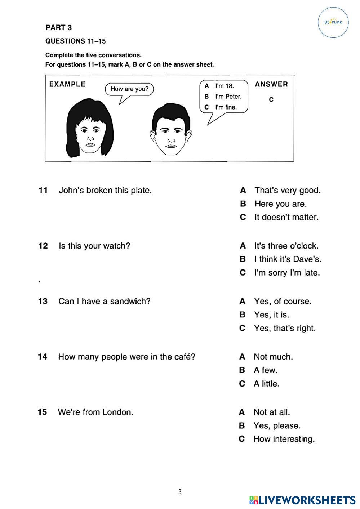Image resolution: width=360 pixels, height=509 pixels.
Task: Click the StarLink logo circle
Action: pos(333,22)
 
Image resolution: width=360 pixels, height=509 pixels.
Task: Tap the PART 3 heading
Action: pos(58,28)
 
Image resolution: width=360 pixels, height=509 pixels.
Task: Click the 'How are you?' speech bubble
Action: pos(129,89)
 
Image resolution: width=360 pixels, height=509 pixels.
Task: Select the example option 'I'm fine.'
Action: pos(226,107)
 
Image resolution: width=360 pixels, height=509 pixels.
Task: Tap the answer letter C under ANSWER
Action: pos(271,100)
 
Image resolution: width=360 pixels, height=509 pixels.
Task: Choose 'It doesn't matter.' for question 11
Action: pos(286,218)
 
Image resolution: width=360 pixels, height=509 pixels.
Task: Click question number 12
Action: pos(43,246)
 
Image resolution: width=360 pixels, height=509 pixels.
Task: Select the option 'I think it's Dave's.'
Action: pos(288,259)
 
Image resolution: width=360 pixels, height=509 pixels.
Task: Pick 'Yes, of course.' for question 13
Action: pos(283,302)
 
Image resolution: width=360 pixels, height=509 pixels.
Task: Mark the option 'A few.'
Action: pos(266,370)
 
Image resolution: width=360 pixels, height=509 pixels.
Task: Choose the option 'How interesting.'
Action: pos(284,439)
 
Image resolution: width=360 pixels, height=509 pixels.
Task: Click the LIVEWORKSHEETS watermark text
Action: pos(307,500)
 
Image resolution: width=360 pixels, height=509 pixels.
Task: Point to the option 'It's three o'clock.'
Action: pos(286,246)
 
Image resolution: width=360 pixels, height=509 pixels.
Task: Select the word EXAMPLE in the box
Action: pos(67,84)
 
